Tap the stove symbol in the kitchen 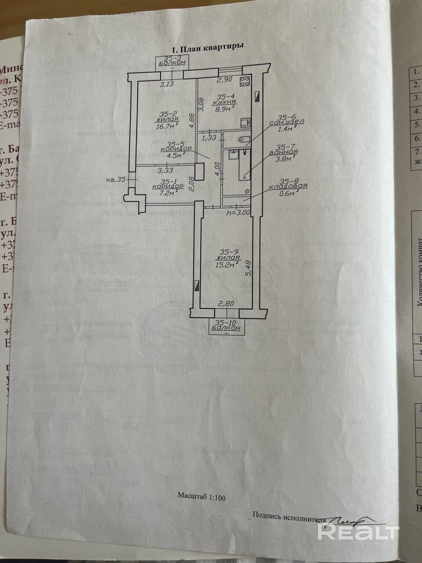(x=245, y=81)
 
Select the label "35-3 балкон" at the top (x=171, y=61)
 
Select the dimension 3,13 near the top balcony (x=166, y=85)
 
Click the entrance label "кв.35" (x=116, y=179)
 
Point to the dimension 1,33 (x=209, y=138)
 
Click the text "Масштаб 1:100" (x=201, y=497)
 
